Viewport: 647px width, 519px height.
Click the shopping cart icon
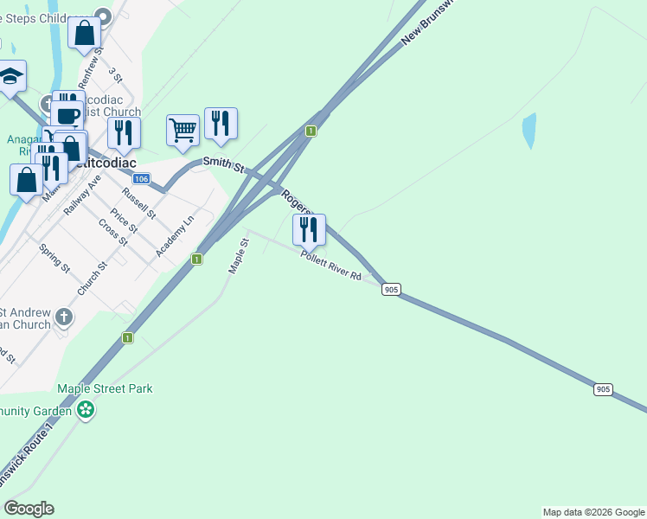point(183,131)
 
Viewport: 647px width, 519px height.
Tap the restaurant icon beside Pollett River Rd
point(309,230)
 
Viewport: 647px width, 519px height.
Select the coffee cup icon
point(67,115)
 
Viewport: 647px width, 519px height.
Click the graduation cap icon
point(10,77)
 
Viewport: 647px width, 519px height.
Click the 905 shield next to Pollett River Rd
point(391,290)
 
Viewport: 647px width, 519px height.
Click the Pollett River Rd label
point(330,264)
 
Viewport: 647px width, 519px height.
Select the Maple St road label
point(238,257)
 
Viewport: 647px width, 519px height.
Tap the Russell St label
point(139,203)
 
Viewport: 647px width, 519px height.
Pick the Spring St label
point(54,258)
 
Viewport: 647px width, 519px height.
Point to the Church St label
point(90,279)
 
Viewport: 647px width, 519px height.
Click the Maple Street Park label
point(105,388)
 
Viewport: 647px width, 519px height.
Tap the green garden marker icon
point(85,409)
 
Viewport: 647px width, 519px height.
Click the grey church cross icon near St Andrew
point(63,317)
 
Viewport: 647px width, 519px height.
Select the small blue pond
point(528,131)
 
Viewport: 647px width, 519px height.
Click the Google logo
point(29,509)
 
